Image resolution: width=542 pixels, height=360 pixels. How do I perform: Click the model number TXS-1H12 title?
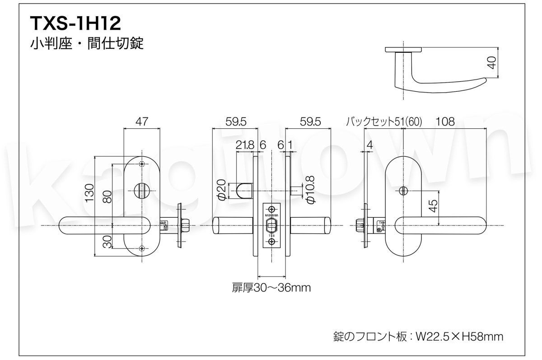(75, 23)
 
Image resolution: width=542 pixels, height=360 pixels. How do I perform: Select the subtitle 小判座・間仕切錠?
(87, 44)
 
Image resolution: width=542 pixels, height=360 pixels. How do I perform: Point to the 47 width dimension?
(141, 122)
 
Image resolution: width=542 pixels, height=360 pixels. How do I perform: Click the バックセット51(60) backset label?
(383, 122)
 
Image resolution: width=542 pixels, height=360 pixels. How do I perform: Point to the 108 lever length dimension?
(445, 122)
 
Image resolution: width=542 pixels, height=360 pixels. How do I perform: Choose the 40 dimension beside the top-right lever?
(492, 63)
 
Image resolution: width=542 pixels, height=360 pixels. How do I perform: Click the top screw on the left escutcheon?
(142, 164)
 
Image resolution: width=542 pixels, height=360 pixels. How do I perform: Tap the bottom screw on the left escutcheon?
(142, 248)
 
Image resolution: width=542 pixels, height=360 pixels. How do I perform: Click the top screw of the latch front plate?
(271, 209)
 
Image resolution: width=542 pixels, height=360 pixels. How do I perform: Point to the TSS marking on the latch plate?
(271, 235)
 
